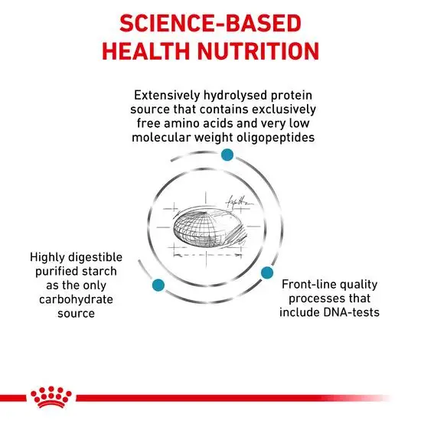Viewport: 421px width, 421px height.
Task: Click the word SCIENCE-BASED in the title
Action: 210,24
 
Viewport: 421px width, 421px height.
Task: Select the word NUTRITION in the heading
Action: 258,51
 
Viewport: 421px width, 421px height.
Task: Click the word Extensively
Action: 167,96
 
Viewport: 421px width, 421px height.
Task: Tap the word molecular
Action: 162,138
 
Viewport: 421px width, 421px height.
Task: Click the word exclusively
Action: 284,109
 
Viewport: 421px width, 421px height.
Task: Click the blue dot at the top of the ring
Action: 227,155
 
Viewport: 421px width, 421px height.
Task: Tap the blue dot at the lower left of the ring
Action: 158,285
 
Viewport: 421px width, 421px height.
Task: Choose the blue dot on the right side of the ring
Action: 267,273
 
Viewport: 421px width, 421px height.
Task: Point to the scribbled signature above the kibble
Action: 239,201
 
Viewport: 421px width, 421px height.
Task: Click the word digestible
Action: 96,258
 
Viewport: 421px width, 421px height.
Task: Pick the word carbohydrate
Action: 76,299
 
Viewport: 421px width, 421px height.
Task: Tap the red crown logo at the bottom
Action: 51,397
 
